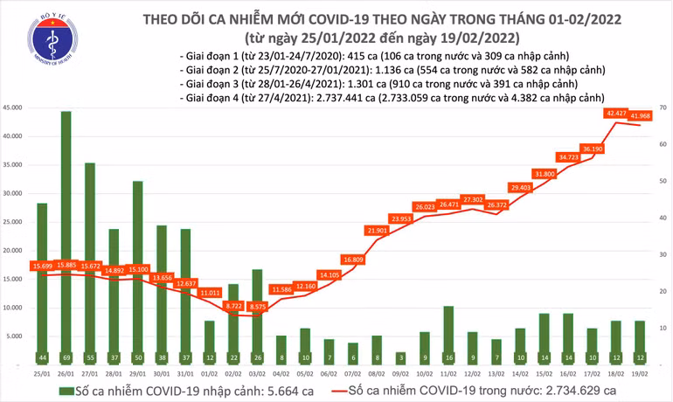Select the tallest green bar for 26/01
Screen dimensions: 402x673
(66, 227)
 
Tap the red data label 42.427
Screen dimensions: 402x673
(615, 114)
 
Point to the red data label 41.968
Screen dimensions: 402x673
(648, 116)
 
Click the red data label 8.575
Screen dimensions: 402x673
(257, 307)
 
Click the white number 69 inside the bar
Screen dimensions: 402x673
(66, 358)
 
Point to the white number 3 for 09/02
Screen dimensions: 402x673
(400, 358)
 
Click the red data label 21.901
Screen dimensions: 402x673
(377, 230)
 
